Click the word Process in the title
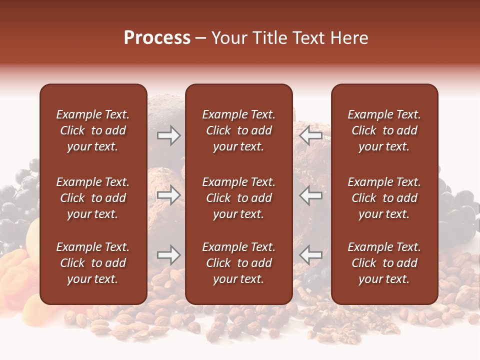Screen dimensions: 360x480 [x=157, y=38]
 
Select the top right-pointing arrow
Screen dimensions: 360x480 [x=169, y=135]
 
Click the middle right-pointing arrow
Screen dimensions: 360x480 [x=169, y=195]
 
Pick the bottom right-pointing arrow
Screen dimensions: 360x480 [x=169, y=255]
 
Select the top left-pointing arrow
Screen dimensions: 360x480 [x=311, y=135]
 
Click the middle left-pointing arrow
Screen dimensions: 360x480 [x=311, y=195]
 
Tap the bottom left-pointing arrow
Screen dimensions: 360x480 [x=311, y=255]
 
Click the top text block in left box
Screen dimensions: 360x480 [x=93, y=130]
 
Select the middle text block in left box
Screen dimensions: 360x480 [x=93, y=198]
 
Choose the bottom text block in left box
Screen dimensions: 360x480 [x=93, y=263]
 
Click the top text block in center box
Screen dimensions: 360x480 [x=238, y=130]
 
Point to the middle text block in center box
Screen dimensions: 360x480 [x=238, y=198]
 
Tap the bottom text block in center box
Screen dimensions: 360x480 [x=238, y=263]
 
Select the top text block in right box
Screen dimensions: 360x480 [x=384, y=130]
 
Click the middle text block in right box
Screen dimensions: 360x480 [x=384, y=198]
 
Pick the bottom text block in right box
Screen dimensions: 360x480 [x=384, y=263]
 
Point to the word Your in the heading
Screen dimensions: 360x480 [x=228, y=38]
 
